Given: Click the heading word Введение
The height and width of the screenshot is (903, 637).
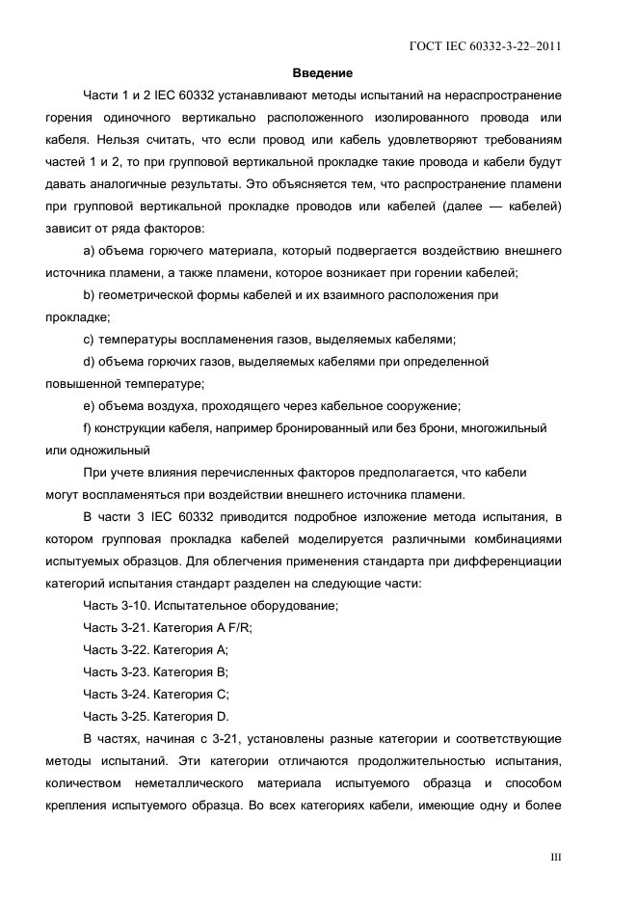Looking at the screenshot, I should (322, 73).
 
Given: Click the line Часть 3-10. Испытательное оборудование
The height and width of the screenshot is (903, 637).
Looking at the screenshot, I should (210, 605).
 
